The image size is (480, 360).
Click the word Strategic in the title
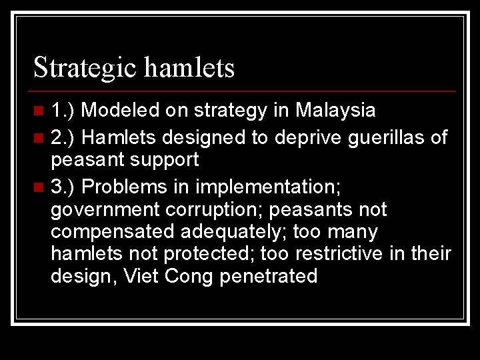point(85,67)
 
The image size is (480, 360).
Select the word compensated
point(113,231)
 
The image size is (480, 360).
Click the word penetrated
point(272,276)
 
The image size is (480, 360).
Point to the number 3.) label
point(65,187)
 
